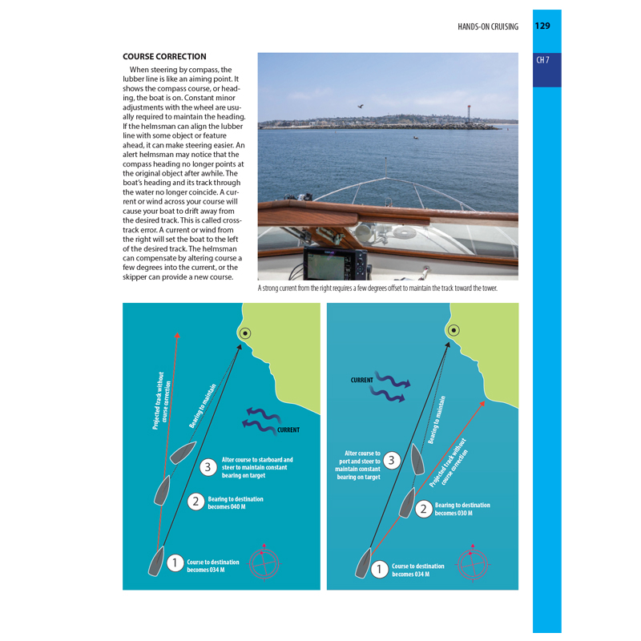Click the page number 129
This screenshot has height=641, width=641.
click(542, 26)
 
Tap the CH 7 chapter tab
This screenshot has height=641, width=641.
click(543, 60)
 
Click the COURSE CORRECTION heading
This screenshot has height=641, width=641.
click(164, 57)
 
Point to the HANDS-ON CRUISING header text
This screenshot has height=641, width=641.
click(488, 26)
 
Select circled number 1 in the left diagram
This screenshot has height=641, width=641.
click(175, 563)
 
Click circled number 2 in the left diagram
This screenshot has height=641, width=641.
click(196, 502)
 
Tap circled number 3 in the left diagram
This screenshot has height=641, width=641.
click(208, 466)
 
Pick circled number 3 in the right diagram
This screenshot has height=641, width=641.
click(391, 460)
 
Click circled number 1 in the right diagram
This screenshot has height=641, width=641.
click(380, 570)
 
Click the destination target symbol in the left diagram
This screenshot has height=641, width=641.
click(245, 333)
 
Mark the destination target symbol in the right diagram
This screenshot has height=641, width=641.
click(454, 329)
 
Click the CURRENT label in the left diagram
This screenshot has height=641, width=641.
click(288, 430)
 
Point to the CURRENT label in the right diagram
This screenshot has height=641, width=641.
click(362, 380)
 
